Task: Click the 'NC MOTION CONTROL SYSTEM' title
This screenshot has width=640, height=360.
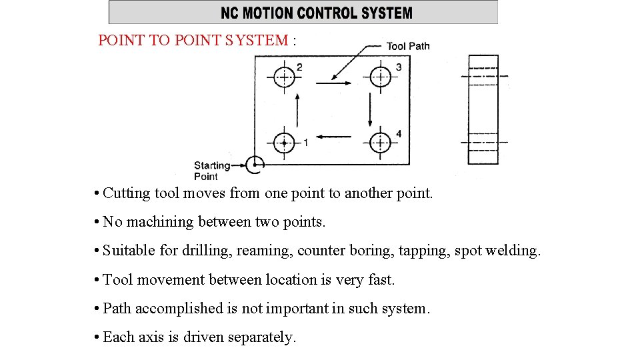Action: [317, 13]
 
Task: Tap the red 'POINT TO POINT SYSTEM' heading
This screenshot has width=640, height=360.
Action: [193, 40]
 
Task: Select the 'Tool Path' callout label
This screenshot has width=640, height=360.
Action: [408, 46]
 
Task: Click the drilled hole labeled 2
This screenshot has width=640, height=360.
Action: [285, 77]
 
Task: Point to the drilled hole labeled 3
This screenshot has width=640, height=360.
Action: [380, 77]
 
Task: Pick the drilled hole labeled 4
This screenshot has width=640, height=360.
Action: [380, 142]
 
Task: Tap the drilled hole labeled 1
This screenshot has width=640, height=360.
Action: [285, 142]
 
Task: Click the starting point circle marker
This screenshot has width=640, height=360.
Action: [255, 165]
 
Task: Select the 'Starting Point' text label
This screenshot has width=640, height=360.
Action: [211, 171]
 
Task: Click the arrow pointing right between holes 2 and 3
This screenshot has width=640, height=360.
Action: [333, 83]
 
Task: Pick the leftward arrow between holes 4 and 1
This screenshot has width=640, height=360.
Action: [333, 137]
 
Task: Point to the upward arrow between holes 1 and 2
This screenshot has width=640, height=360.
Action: [296, 110]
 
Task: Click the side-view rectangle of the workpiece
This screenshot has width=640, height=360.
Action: [483, 110]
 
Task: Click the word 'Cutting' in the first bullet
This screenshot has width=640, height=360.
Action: [127, 194]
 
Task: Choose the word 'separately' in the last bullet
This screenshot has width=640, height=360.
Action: [261, 337]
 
